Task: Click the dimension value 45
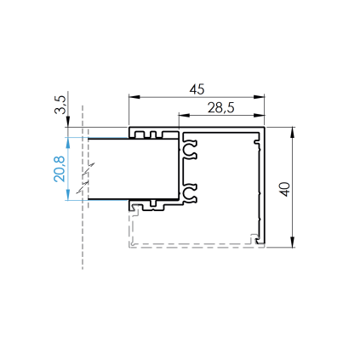(x=197, y=89)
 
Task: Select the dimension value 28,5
(x=221, y=108)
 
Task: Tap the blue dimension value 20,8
(x=60, y=169)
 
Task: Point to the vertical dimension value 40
(x=285, y=189)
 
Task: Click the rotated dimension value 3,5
(x=60, y=105)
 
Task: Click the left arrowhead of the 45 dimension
(x=134, y=97)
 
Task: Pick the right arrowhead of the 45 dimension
(x=259, y=97)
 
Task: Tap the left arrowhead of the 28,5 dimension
(x=184, y=115)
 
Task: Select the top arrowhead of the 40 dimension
(x=293, y=133)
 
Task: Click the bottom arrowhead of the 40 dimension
(x=293, y=242)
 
